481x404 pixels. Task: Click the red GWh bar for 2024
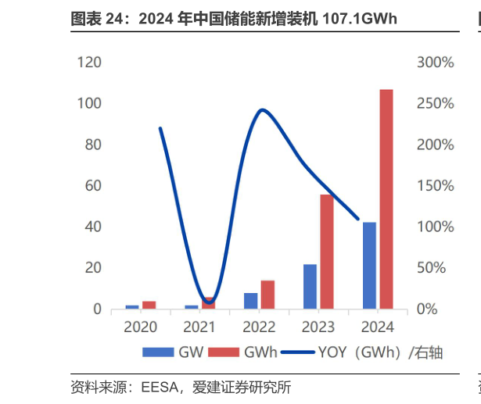(x=386, y=199)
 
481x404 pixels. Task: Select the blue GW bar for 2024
(x=369, y=266)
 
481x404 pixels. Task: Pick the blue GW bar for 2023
(x=310, y=287)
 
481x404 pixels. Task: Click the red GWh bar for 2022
(x=267, y=295)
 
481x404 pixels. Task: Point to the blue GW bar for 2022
(x=250, y=301)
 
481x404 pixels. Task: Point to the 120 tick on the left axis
(x=88, y=63)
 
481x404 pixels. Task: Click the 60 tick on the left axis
(x=92, y=186)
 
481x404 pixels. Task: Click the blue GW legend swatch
(x=159, y=352)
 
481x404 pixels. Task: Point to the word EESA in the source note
(x=159, y=387)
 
